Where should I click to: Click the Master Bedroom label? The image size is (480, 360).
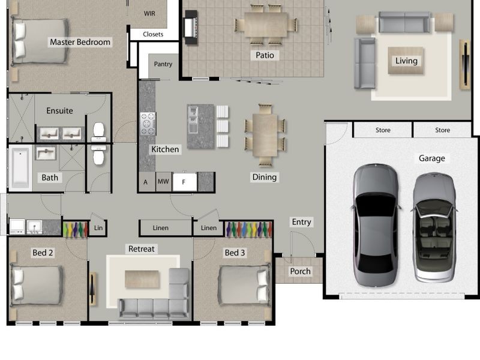pyautogui.click(x=80, y=42)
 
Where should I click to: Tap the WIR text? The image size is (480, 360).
pyautogui.click(x=150, y=13)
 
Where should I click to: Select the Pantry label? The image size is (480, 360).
pyautogui.click(x=163, y=64)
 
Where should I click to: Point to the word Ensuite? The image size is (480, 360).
pyautogui.click(x=59, y=110)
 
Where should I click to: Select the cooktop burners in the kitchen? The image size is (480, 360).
pyautogui.click(x=148, y=123)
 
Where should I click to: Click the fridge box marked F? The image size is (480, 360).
pyautogui.click(x=184, y=181)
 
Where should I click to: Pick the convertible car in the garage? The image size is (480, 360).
pyautogui.click(x=434, y=227)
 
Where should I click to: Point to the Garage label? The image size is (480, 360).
pyautogui.click(x=431, y=158)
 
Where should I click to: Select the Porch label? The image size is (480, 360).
pyautogui.click(x=300, y=271)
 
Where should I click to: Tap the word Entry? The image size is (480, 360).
pyautogui.click(x=301, y=222)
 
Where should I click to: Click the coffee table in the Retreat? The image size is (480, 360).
pyautogui.click(x=142, y=278)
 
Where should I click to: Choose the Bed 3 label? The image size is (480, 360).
pyautogui.click(x=235, y=253)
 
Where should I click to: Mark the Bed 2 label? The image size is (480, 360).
pyautogui.click(x=43, y=253)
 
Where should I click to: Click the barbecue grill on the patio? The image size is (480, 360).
pyautogui.click(x=191, y=28)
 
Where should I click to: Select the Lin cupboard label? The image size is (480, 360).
pyautogui.click(x=98, y=228)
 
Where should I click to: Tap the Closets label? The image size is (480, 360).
pyautogui.click(x=153, y=34)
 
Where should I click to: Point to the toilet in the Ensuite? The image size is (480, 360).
pyautogui.click(x=99, y=131)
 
